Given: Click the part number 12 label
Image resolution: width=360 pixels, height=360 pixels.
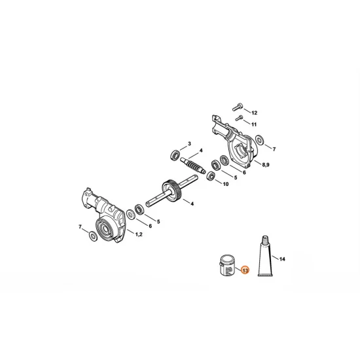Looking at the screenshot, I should (255, 113).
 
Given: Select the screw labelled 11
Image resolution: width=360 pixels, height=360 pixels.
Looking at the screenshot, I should (240, 118).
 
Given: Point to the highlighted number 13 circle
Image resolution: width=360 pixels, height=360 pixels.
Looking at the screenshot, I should (245, 270).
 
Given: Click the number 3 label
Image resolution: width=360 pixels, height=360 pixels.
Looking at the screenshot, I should (190, 143).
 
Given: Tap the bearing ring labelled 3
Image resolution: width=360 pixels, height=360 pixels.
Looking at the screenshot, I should (175, 155).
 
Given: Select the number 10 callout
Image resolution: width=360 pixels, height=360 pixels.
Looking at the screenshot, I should (226, 184).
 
